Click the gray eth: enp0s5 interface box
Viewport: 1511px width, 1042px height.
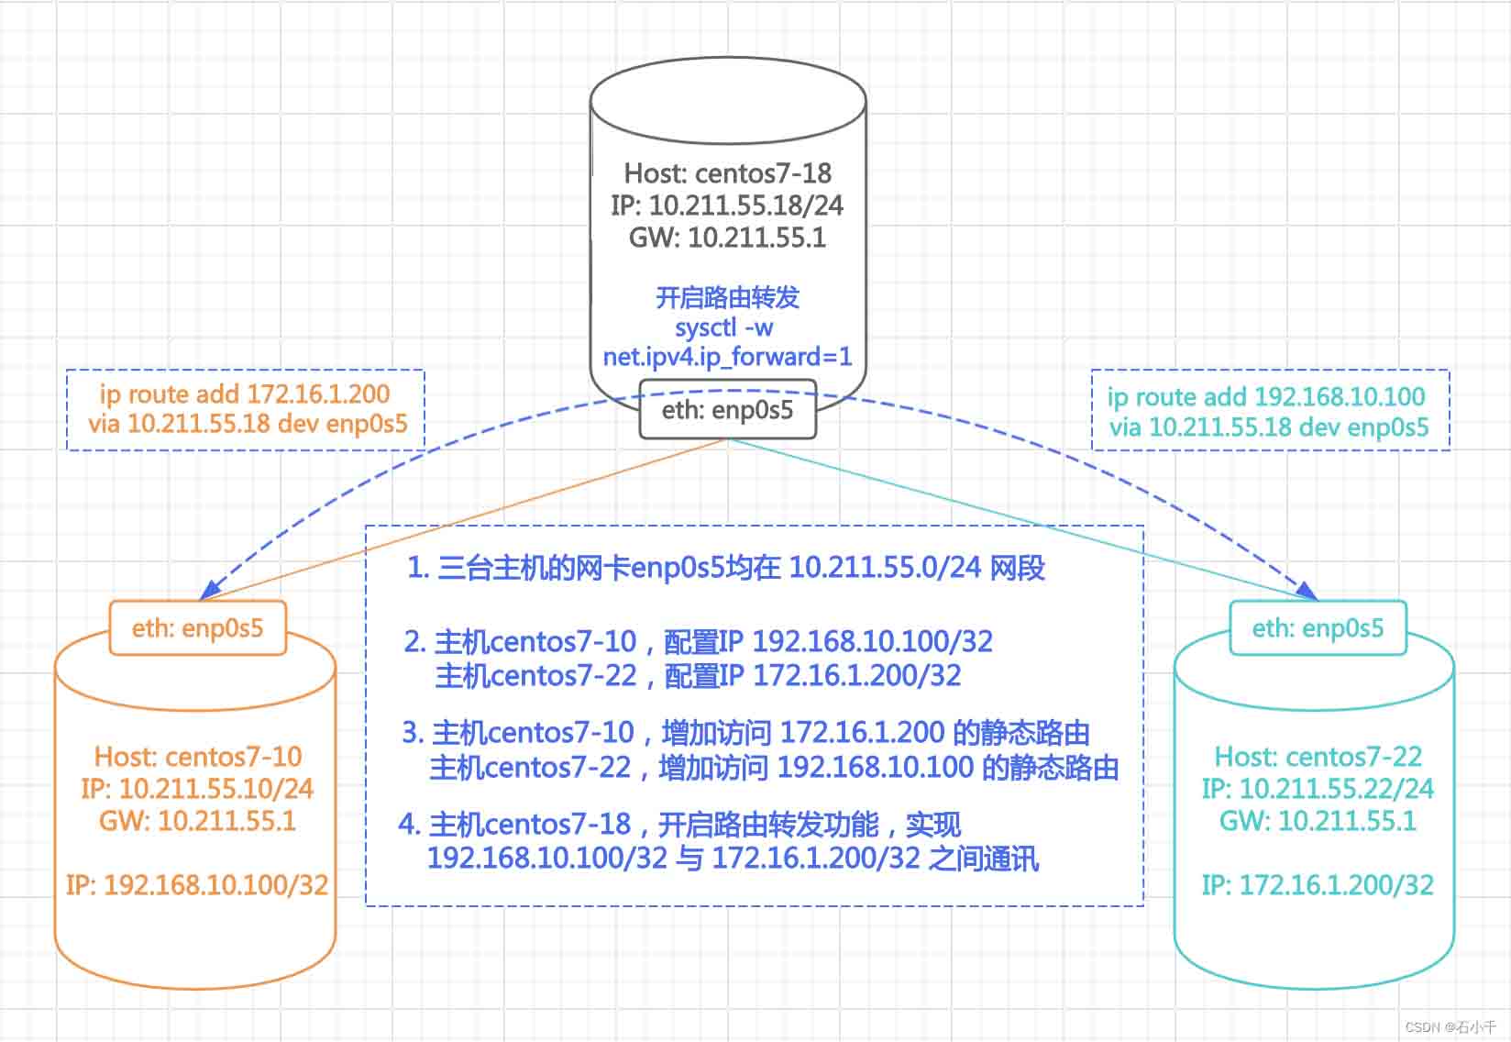[x=728, y=409]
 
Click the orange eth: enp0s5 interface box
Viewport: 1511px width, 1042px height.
[x=198, y=627]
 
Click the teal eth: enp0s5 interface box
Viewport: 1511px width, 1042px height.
[x=1318, y=627]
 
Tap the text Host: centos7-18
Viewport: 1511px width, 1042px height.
[x=728, y=173]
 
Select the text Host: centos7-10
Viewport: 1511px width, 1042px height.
[x=198, y=757]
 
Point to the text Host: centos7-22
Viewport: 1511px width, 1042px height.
[x=1318, y=757]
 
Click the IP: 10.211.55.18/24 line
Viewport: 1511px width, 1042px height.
[x=728, y=205]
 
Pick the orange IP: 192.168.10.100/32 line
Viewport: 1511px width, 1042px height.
[x=197, y=885]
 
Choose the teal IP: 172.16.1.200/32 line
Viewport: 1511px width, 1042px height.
[x=1318, y=885]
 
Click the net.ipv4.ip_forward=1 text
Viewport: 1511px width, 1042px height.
[x=728, y=356]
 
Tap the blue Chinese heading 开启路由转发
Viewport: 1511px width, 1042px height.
[x=728, y=297]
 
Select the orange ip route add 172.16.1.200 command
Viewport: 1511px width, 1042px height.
[x=246, y=394]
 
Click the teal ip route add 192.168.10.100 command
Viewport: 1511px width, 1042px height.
[x=1267, y=396]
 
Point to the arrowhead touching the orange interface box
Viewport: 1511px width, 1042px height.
[x=211, y=589]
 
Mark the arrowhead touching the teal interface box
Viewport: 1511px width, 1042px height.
[x=1307, y=590]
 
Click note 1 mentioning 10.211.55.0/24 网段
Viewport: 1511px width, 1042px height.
[x=726, y=568]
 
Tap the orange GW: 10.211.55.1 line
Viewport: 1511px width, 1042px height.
[x=198, y=821]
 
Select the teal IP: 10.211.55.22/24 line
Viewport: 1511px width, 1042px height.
[x=1318, y=788]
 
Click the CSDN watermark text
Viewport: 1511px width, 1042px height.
[x=1450, y=1027]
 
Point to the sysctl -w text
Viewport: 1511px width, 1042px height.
[x=723, y=327]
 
